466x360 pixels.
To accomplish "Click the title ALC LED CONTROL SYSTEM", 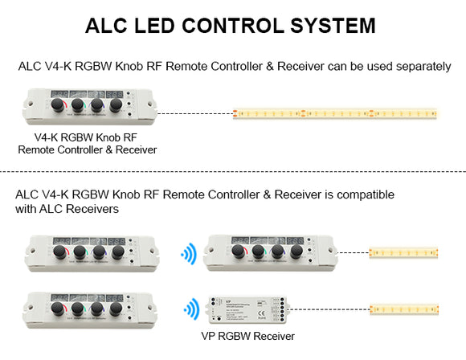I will (x=230, y=25).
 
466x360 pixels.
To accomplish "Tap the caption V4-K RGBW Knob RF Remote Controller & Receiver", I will (x=87, y=142).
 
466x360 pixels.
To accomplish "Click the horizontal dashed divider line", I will (x=233, y=171).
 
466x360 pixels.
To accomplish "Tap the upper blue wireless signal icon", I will (x=189, y=256).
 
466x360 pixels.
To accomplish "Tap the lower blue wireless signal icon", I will (x=191, y=309).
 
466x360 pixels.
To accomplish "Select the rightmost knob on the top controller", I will (x=116, y=106).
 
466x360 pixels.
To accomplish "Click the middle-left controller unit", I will (x=88, y=252).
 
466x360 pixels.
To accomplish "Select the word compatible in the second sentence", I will (x=358, y=194).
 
